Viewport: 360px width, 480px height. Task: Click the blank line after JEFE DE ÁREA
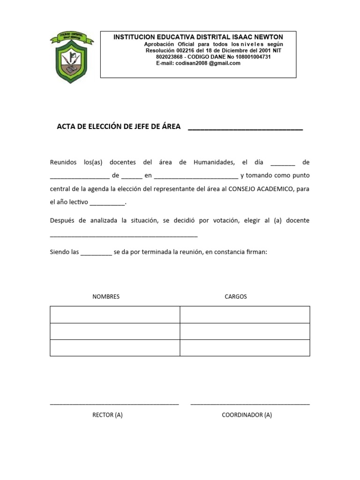pyautogui.click(x=245, y=127)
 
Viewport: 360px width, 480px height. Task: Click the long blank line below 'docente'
pyautogui.click(x=124, y=235)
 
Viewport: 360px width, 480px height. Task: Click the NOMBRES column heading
pyautogui.click(x=106, y=297)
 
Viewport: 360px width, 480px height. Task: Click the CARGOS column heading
pyautogui.click(x=236, y=297)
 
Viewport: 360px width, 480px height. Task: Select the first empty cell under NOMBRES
pyautogui.click(x=115, y=315)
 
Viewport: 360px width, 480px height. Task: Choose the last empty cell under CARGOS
pyautogui.click(x=245, y=348)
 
